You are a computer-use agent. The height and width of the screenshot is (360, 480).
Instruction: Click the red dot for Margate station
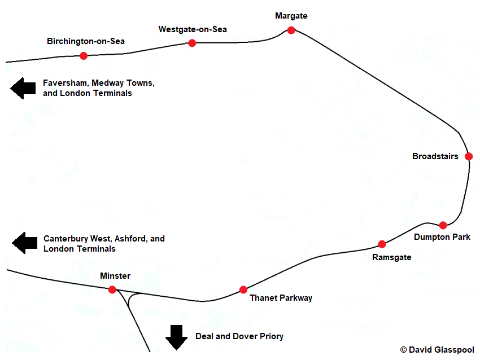pyautogui.click(x=291, y=30)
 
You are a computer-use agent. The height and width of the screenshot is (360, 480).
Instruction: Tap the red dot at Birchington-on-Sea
pyautogui.click(x=84, y=55)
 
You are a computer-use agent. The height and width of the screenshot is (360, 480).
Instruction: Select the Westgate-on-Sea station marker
pyautogui.click(x=192, y=43)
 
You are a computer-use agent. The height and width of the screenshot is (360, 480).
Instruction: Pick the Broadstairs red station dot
pyautogui.click(x=468, y=156)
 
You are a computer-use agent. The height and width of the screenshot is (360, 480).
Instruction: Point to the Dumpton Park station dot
pyautogui.click(x=443, y=225)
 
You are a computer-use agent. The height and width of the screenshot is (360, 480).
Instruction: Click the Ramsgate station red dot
pyautogui.click(x=382, y=244)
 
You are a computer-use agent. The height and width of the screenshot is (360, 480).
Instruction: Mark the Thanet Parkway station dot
pyautogui.click(x=243, y=289)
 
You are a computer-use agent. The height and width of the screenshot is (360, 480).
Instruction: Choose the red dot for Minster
pyautogui.click(x=112, y=289)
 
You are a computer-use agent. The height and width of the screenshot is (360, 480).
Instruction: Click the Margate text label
pyautogui.click(x=291, y=16)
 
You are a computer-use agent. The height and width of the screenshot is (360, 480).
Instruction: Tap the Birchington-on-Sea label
pyautogui.click(x=86, y=41)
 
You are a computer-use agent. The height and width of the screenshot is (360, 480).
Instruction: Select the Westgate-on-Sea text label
pyautogui.click(x=193, y=29)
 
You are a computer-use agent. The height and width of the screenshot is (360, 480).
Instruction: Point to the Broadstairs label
pyautogui.click(x=435, y=156)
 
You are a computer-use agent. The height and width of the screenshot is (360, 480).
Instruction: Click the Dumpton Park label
pyautogui.click(x=442, y=237)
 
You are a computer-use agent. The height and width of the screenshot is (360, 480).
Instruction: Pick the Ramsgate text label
pyautogui.click(x=392, y=257)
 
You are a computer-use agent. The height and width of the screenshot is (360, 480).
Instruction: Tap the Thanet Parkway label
pyautogui.click(x=281, y=298)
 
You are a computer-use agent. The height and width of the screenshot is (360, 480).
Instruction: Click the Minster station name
pyautogui.click(x=115, y=276)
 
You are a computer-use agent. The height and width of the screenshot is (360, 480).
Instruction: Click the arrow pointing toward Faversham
pyautogui.click(x=23, y=88)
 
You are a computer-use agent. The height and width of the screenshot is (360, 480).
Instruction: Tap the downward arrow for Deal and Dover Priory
pyautogui.click(x=177, y=337)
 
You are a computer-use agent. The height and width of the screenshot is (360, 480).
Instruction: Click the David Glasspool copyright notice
pyautogui.click(x=437, y=350)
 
